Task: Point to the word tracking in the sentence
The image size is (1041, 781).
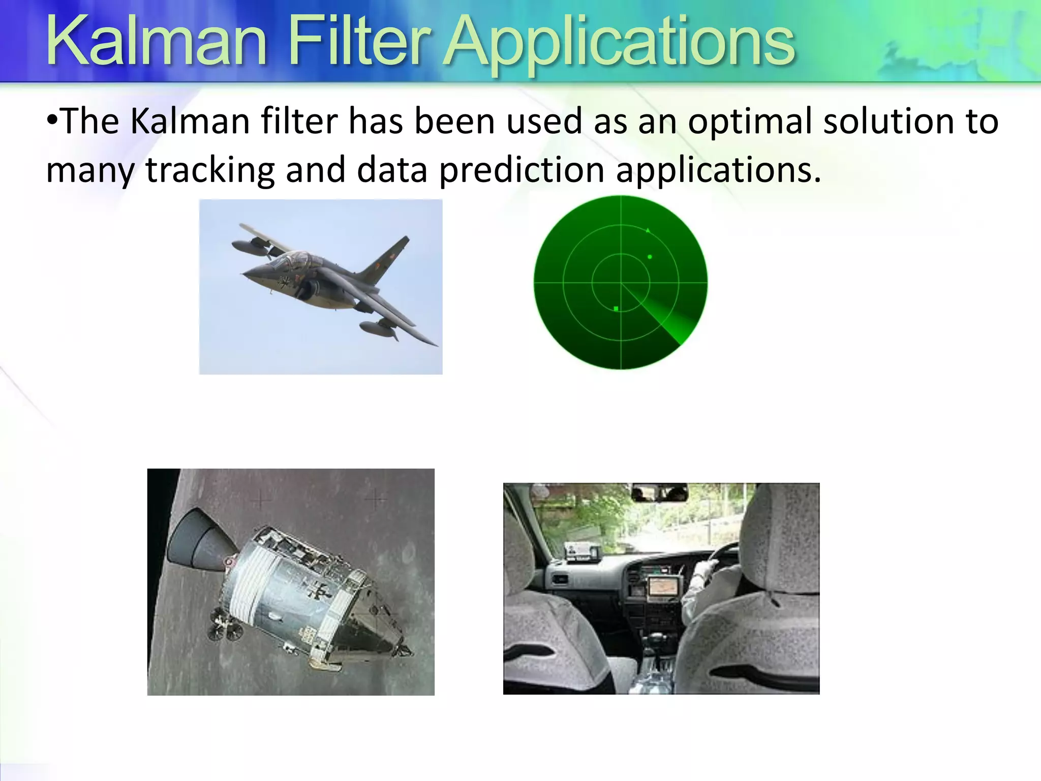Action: [210, 170]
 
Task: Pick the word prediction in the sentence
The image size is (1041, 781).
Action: [521, 170]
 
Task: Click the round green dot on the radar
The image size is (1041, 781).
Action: [650, 257]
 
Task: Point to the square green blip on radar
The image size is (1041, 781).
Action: [616, 309]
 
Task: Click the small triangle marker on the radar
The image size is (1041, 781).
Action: [648, 231]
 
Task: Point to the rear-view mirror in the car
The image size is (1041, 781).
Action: [659, 493]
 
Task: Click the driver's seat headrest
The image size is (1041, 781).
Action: [778, 539]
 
